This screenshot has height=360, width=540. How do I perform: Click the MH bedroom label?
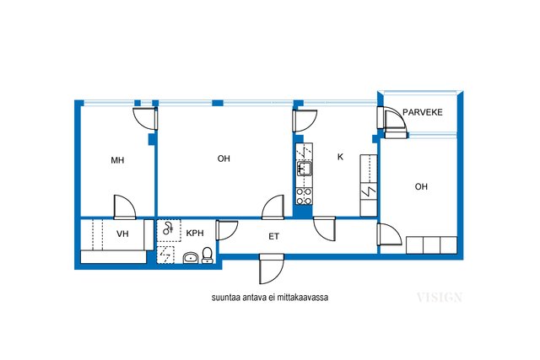coord(117,160)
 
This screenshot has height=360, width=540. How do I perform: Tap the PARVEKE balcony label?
coord(423,112)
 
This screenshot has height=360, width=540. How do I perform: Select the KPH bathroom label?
coord(195,234)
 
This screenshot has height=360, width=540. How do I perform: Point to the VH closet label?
coord(122,234)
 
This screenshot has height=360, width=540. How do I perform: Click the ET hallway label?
coord(273,237)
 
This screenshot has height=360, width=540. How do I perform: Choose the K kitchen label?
coord(340,157)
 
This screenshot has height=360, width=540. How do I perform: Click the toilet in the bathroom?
coord(207,255)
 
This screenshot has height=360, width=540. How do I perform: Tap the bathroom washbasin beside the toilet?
coord(191,258)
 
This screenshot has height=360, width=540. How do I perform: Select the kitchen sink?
coord(305,169)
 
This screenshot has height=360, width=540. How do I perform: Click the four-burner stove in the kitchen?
coord(304,196)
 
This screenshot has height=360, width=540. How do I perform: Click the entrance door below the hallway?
coord(272,269)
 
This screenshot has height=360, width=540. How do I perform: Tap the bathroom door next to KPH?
coord(227,230)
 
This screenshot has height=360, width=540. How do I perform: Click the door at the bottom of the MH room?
coord(125,207)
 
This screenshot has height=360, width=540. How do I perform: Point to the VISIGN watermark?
coord(439,298)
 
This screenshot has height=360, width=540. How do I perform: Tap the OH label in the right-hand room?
coord(421,186)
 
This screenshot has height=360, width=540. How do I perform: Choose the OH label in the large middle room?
coord(224,159)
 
